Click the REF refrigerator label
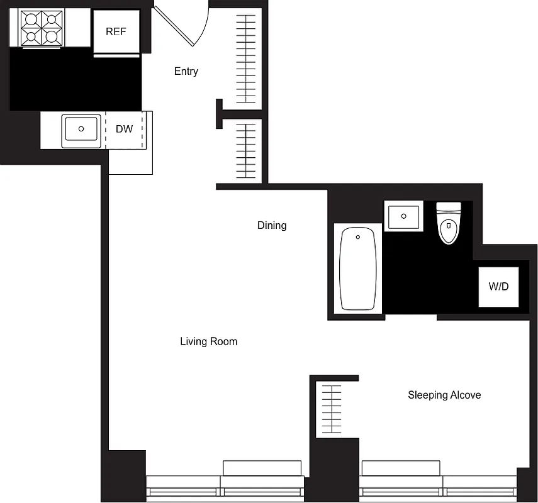tap(116, 31)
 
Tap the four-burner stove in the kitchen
tap(40, 29)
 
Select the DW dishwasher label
tap(125, 129)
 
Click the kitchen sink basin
tap(81, 129)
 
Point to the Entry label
tap(186, 72)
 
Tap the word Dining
tap(272, 225)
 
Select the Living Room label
tap(208, 341)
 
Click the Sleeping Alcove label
tap(444, 395)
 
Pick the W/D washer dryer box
tap(498, 287)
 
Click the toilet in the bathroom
tap(449, 224)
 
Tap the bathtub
tap(358, 268)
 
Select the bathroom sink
tap(403, 216)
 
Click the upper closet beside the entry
tap(247, 58)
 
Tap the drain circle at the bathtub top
tap(358, 237)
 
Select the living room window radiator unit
tap(262, 468)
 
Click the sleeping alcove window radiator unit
tap(401, 468)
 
